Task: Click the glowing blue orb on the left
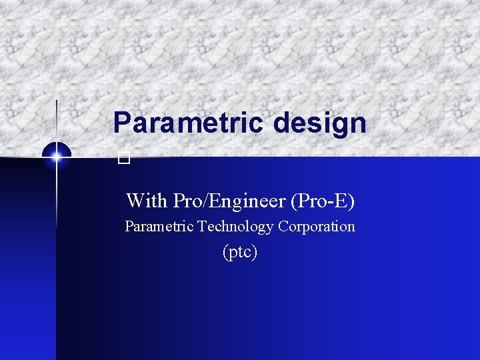(57, 157)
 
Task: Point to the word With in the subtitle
(147, 200)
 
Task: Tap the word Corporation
(317, 227)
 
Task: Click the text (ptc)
(240, 253)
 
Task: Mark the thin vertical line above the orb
(57, 120)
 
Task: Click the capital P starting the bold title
(122, 123)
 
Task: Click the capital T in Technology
(201, 227)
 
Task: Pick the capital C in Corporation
(283, 227)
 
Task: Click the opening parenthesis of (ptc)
(225, 253)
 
